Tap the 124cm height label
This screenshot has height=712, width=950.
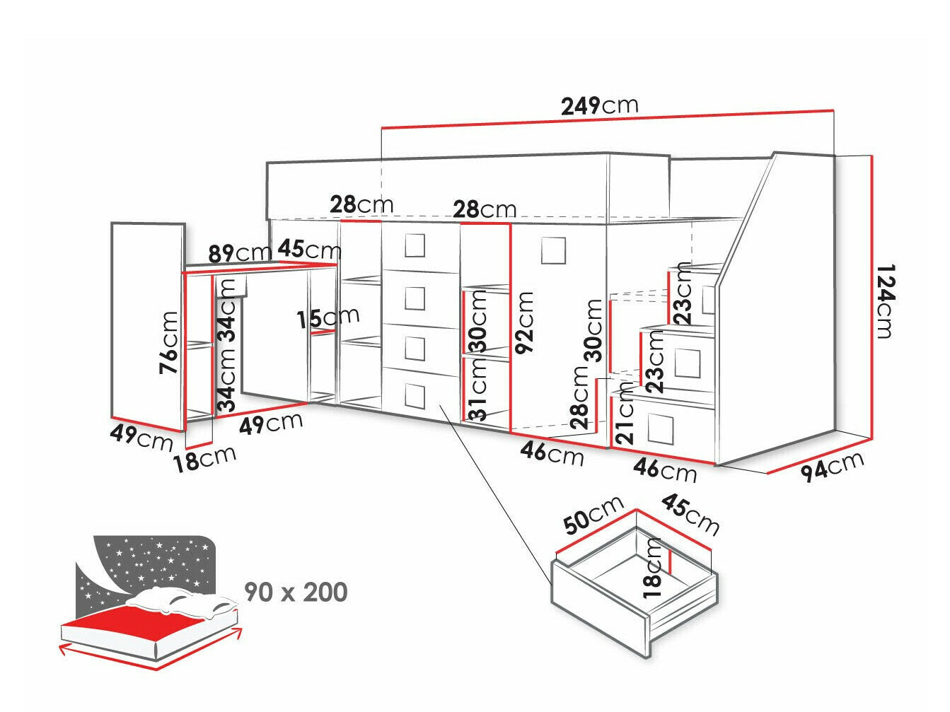pos(884,301)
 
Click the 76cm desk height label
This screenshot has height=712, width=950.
pos(170,343)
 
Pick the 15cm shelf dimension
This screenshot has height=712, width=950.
pos(328,317)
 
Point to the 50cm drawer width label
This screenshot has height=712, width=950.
pos(593,515)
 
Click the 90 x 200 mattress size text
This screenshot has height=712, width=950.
pos(296,592)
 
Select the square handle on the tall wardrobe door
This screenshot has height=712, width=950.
pos(553,250)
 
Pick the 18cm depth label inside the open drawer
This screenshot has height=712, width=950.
pos(654,568)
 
